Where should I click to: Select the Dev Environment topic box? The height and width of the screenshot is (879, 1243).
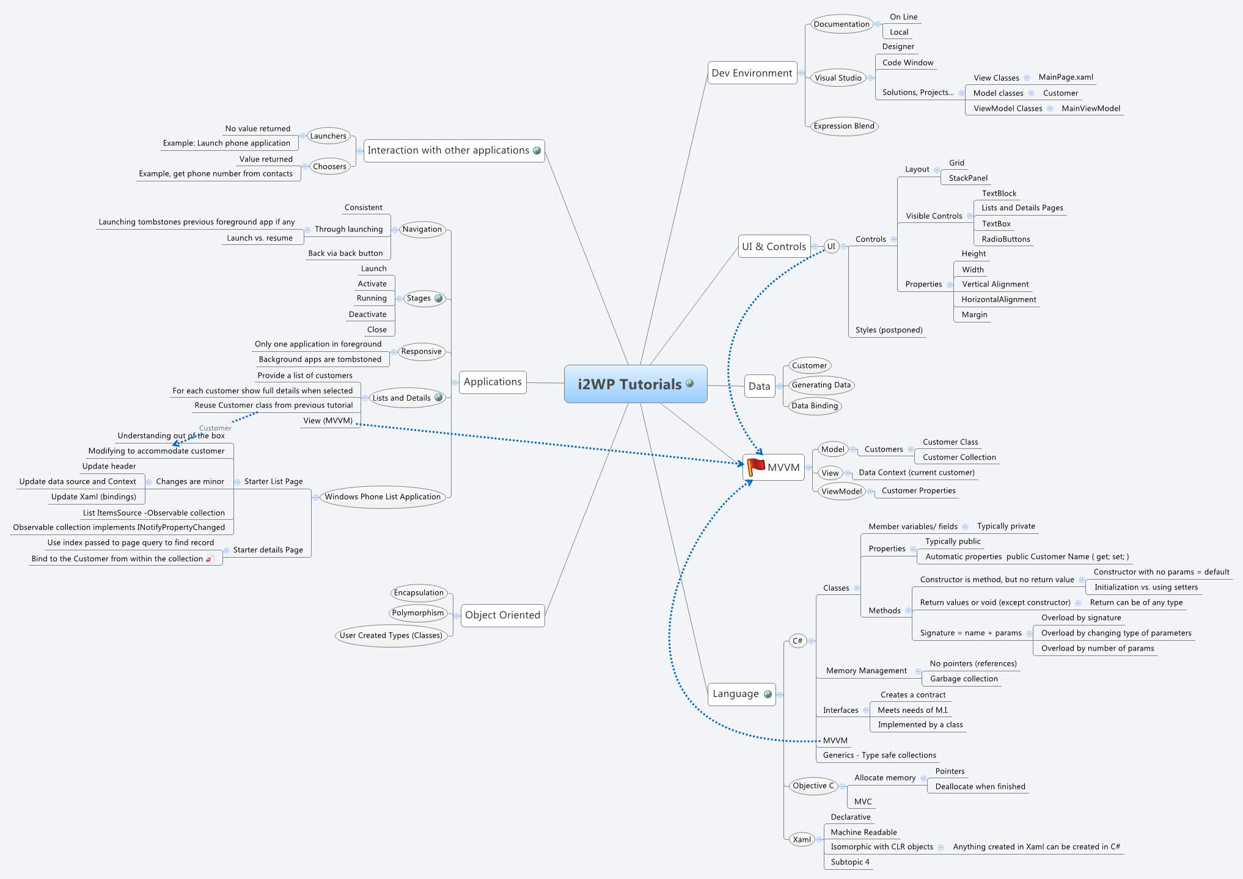(752, 73)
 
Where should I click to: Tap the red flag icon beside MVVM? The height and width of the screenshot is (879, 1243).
(756, 467)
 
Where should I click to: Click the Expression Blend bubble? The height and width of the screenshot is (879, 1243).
(843, 126)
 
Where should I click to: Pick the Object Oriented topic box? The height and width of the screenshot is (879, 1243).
(502, 615)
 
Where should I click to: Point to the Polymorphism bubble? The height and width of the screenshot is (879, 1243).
(418, 613)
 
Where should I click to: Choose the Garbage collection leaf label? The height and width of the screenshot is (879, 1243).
(964, 679)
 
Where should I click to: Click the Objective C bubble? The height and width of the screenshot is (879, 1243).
(813, 786)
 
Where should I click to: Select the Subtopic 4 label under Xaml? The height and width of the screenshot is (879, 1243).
(849, 862)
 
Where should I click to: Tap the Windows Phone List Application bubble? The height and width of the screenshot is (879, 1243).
(383, 497)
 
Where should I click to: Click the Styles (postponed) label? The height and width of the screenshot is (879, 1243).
(889, 330)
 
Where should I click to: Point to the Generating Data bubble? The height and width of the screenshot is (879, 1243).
(821, 385)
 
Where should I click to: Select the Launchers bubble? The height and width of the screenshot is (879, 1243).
(328, 136)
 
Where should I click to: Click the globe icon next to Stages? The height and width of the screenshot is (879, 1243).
(438, 299)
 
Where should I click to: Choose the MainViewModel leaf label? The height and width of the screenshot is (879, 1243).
(1091, 109)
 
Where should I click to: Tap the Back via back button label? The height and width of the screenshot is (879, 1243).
(345, 253)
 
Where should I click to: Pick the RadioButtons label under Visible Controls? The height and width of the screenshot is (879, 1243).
(1005, 239)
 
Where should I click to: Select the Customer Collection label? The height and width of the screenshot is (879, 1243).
(959, 458)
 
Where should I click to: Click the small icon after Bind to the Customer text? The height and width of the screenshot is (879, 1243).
(210, 559)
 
